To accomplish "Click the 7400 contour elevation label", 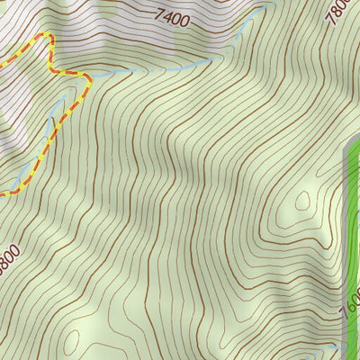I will click(x=173, y=15).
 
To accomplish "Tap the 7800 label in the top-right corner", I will click(x=339, y=12).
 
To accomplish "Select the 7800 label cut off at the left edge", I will click(x=6, y=257).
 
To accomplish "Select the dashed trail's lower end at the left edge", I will click(x=3, y=193).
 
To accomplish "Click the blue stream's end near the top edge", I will click(x=268, y=7).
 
